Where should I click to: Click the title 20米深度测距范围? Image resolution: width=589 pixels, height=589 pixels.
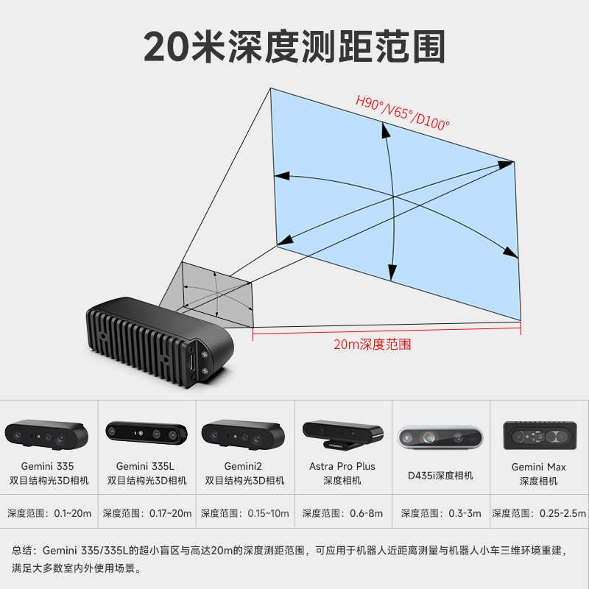coord(294,46)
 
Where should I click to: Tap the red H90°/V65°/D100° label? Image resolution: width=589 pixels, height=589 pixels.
coord(402,113)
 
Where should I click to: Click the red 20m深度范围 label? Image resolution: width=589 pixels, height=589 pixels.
coord(372,344)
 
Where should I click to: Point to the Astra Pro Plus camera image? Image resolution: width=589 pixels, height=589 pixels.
coord(342,434)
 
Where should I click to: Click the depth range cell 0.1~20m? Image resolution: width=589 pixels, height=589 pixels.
coord(49,513)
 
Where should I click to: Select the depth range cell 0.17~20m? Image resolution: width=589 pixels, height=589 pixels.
coord(147,513)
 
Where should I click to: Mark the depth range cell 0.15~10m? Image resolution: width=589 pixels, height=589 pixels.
coord(245,513)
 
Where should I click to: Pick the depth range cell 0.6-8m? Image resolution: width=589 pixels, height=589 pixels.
coord(342,513)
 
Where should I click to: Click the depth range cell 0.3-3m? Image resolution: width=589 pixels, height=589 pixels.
coord(440,513)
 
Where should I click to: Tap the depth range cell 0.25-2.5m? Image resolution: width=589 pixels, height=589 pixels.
coord(539,513)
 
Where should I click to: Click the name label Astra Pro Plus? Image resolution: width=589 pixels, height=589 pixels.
coord(342,466)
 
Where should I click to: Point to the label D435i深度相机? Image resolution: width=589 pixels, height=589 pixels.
coord(440,476)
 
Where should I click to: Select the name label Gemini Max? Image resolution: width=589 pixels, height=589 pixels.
coord(539,467)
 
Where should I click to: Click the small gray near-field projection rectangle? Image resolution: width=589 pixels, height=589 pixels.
coord(219,294)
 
